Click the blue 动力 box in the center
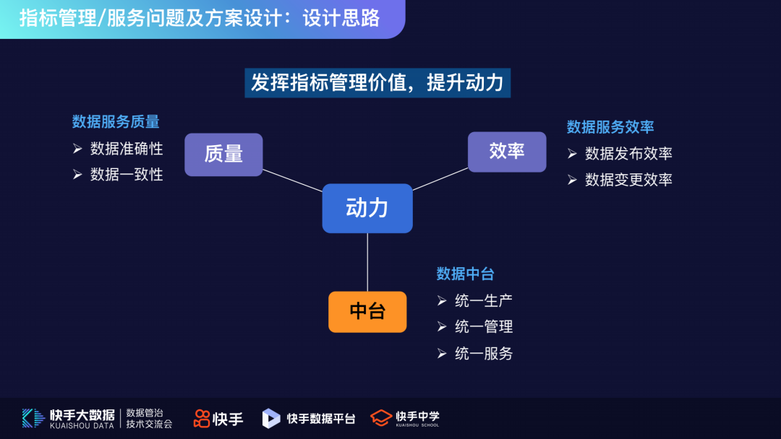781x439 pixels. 367,208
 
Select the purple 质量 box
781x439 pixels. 223,155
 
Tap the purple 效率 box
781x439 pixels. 507,152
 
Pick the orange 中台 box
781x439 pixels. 367,312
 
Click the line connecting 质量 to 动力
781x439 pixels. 292,181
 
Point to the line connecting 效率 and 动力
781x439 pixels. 440,178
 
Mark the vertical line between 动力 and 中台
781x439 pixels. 367,262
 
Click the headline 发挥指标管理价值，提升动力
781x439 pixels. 377,82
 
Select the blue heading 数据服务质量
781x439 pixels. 116,121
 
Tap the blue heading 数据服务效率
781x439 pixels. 610,127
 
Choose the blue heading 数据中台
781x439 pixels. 465,274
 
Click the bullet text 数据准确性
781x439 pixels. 127,149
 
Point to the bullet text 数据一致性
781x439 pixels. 127,174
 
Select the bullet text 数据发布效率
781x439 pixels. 628,154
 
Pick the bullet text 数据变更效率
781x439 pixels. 628,180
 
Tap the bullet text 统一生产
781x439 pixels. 484,300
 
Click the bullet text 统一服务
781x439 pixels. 484,353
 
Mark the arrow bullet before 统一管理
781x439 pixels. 442,327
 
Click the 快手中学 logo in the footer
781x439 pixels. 405,418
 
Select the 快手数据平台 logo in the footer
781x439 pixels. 309,418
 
